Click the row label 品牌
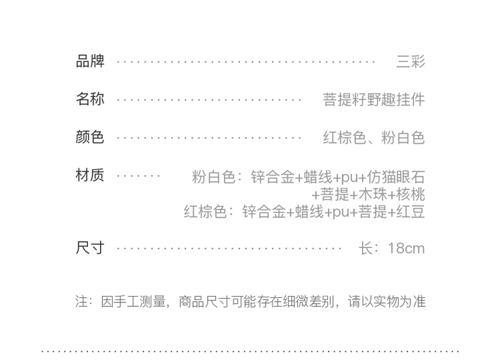click(x=90, y=61)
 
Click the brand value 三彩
click(x=410, y=61)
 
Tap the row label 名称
click(x=90, y=99)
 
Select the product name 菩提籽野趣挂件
click(x=373, y=99)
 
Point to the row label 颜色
click(x=90, y=137)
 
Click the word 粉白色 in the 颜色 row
click(x=403, y=137)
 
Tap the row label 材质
click(x=90, y=175)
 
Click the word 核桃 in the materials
click(x=411, y=194)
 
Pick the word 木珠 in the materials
click(x=373, y=194)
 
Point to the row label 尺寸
click(x=90, y=247)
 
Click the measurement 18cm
click(x=406, y=248)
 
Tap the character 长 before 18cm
click(x=366, y=248)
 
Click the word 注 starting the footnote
click(x=82, y=301)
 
